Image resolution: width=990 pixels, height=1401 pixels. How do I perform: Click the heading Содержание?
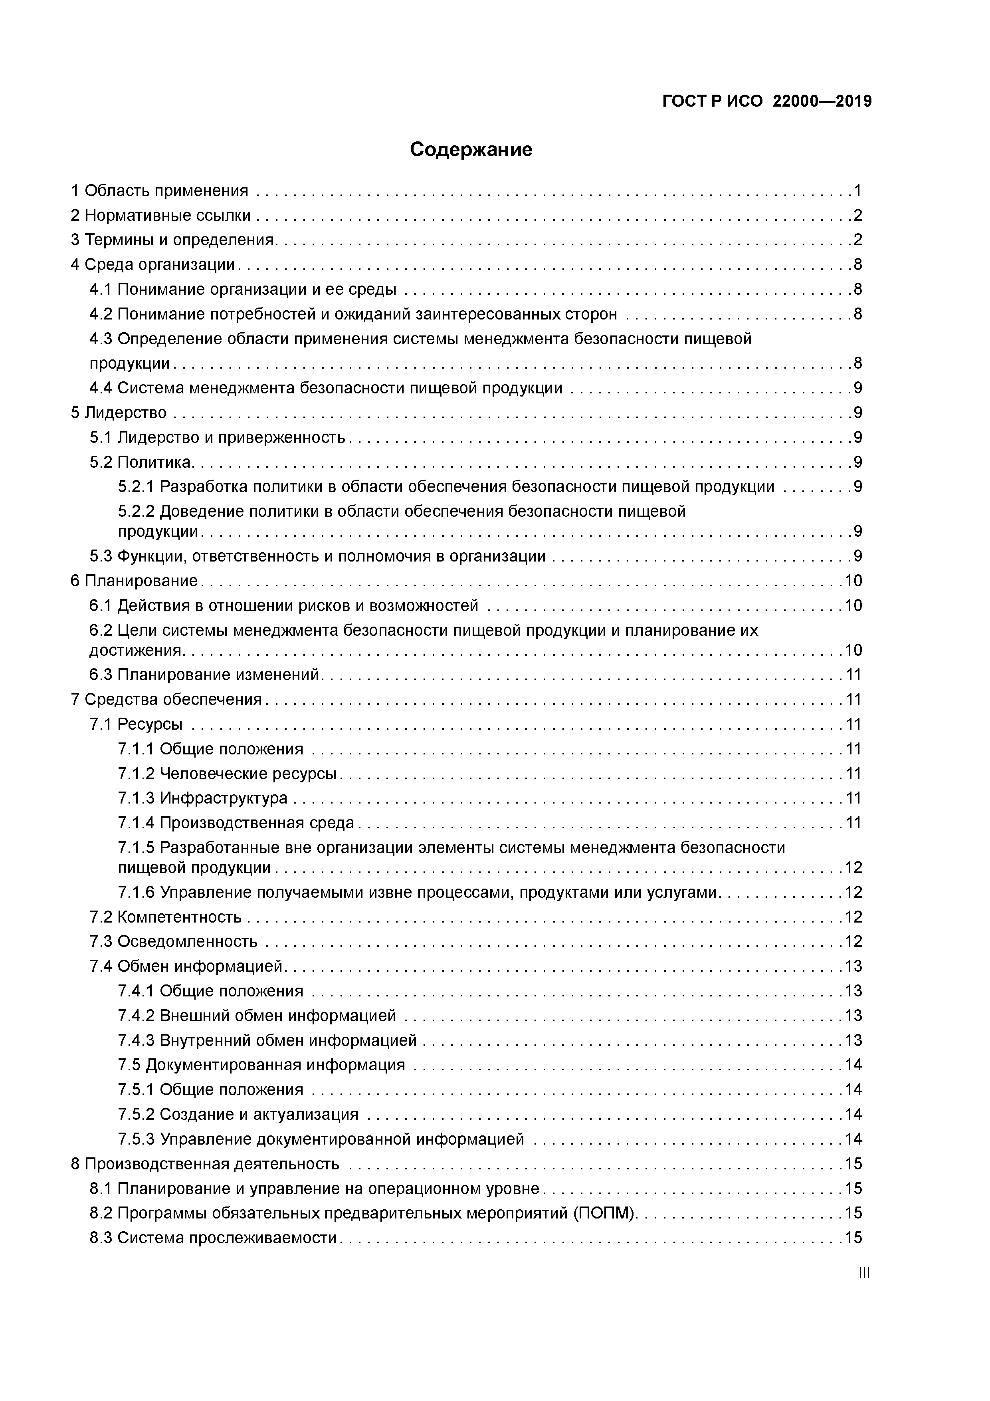pyautogui.click(x=471, y=149)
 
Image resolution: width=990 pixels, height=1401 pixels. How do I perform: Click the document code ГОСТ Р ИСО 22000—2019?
pyautogui.click(x=767, y=101)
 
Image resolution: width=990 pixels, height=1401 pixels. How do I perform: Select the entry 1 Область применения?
pyautogui.click(x=160, y=191)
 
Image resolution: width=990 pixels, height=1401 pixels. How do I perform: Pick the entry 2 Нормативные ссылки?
pyautogui.click(x=161, y=215)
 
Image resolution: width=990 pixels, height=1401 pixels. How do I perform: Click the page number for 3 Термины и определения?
pyautogui.click(x=857, y=240)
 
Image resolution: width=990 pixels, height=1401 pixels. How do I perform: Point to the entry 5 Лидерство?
pyautogui.click(x=119, y=413)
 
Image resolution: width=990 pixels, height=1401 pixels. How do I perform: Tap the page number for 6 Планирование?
pyautogui.click(x=853, y=581)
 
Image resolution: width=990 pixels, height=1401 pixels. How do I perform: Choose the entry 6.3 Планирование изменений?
pyautogui.click(x=205, y=675)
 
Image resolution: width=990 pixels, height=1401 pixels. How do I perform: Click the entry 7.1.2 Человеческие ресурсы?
pyautogui.click(x=228, y=774)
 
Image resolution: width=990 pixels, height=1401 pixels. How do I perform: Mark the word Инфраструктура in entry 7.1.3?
pyautogui.click(x=223, y=798)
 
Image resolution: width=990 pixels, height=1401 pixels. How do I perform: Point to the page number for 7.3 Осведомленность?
pyautogui.click(x=853, y=942)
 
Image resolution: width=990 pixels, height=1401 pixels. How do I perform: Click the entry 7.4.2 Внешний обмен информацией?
pyautogui.click(x=257, y=1016)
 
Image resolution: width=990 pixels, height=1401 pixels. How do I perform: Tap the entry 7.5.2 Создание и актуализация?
pyautogui.click(x=238, y=1115)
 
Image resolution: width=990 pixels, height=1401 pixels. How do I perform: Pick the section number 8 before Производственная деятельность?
pyautogui.click(x=75, y=1164)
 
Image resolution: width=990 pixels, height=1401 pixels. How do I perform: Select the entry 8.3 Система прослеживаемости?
pyautogui.click(x=214, y=1238)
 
